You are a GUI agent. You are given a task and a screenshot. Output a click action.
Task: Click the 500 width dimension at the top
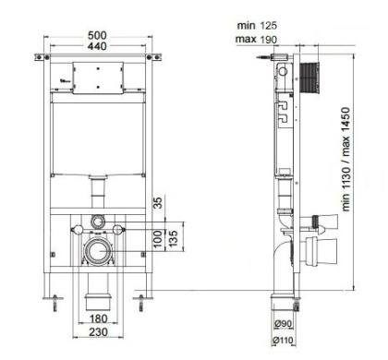click(98, 35)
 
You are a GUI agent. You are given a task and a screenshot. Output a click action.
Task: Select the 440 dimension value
click(98, 46)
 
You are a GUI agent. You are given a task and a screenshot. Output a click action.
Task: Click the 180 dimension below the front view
click(98, 318)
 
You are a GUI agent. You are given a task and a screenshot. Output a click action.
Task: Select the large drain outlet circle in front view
click(98, 250)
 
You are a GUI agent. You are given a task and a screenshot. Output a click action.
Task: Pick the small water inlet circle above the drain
click(98, 222)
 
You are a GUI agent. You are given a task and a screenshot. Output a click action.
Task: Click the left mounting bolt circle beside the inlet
click(78, 228)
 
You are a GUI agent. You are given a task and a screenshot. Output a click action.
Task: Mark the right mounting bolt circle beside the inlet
click(118, 228)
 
